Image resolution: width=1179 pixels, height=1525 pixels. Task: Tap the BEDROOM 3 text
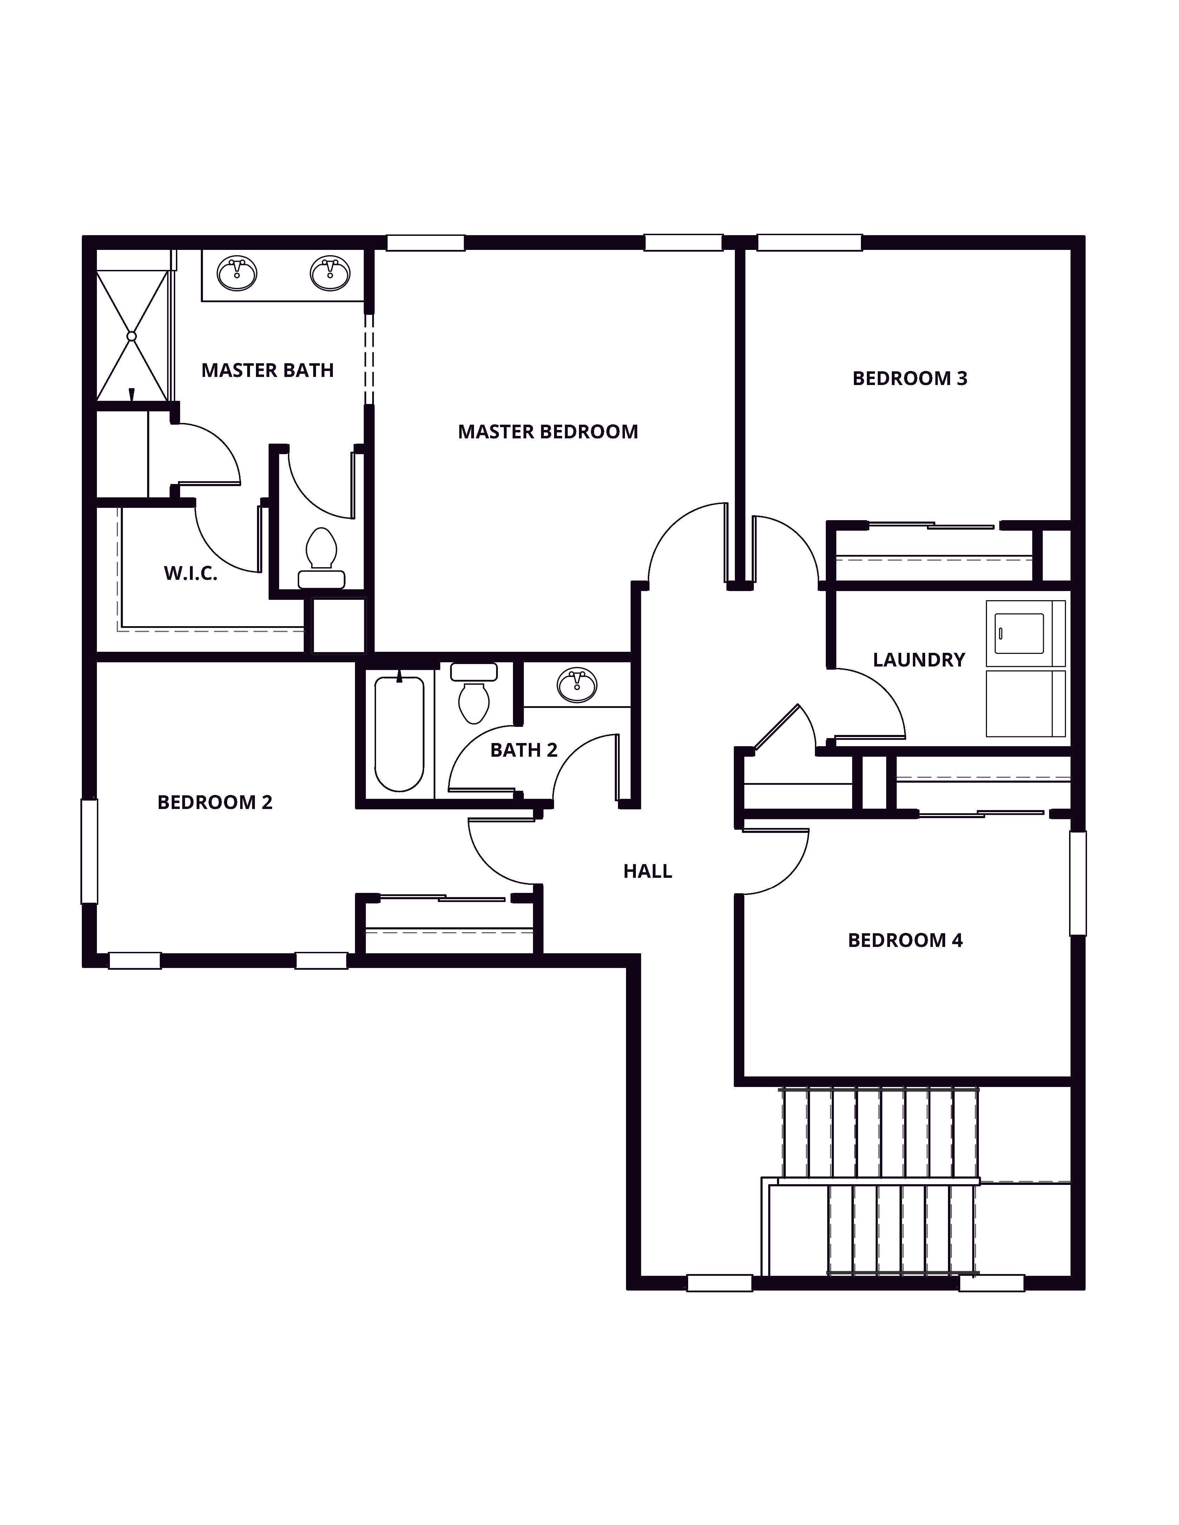point(909,378)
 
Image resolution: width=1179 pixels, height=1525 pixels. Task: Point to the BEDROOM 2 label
point(215,802)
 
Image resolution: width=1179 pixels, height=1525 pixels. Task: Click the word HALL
point(647,871)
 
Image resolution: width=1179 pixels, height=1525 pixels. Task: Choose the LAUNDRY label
point(918,660)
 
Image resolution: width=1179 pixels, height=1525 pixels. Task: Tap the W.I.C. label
point(190,573)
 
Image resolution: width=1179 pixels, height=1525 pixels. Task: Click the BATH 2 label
point(524,750)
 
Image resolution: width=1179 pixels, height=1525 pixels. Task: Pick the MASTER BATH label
point(268,370)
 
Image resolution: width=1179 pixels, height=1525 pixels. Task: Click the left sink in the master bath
point(237,273)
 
